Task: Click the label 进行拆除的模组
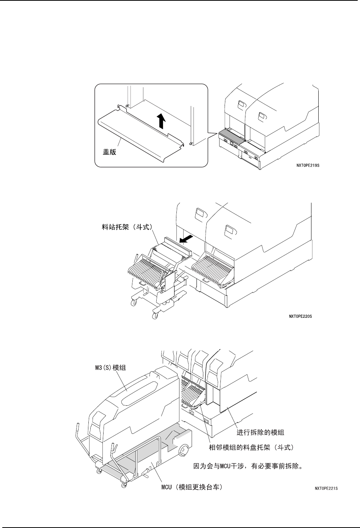[260, 432]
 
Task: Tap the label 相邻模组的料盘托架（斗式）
[252, 448]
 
